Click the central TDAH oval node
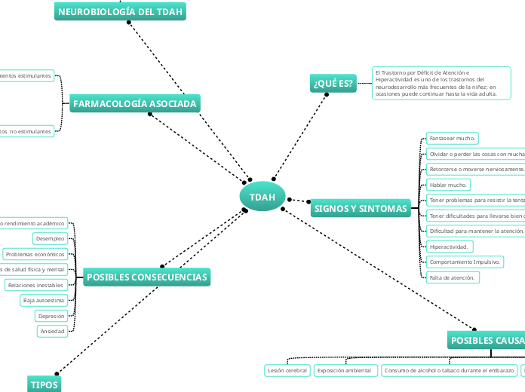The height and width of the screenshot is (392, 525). tap(262, 197)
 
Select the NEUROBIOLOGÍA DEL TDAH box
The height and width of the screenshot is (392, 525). tap(121, 12)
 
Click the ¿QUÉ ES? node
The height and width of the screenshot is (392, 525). tap(332, 84)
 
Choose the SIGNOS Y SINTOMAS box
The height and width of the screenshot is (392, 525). tap(360, 208)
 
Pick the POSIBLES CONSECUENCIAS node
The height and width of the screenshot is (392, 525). tap(146, 277)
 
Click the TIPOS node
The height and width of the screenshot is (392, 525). tap(43, 384)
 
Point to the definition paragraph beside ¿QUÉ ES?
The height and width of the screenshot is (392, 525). tap(441, 83)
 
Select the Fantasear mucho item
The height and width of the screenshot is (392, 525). tap(451, 139)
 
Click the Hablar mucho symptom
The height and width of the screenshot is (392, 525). tap(448, 185)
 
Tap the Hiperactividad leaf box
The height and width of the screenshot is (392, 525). tap(450, 247)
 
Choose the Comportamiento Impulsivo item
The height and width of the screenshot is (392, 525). tap(465, 262)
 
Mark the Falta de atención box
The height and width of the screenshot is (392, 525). tap(452, 277)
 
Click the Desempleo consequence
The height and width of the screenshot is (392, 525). tap(50, 238)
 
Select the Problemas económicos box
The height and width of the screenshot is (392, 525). tap(35, 254)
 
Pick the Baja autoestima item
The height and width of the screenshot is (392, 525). tap(44, 301)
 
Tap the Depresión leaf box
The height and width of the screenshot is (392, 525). tap(51, 316)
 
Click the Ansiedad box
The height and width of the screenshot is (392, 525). tap(52, 331)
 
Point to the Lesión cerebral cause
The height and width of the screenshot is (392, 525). tap(287, 370)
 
